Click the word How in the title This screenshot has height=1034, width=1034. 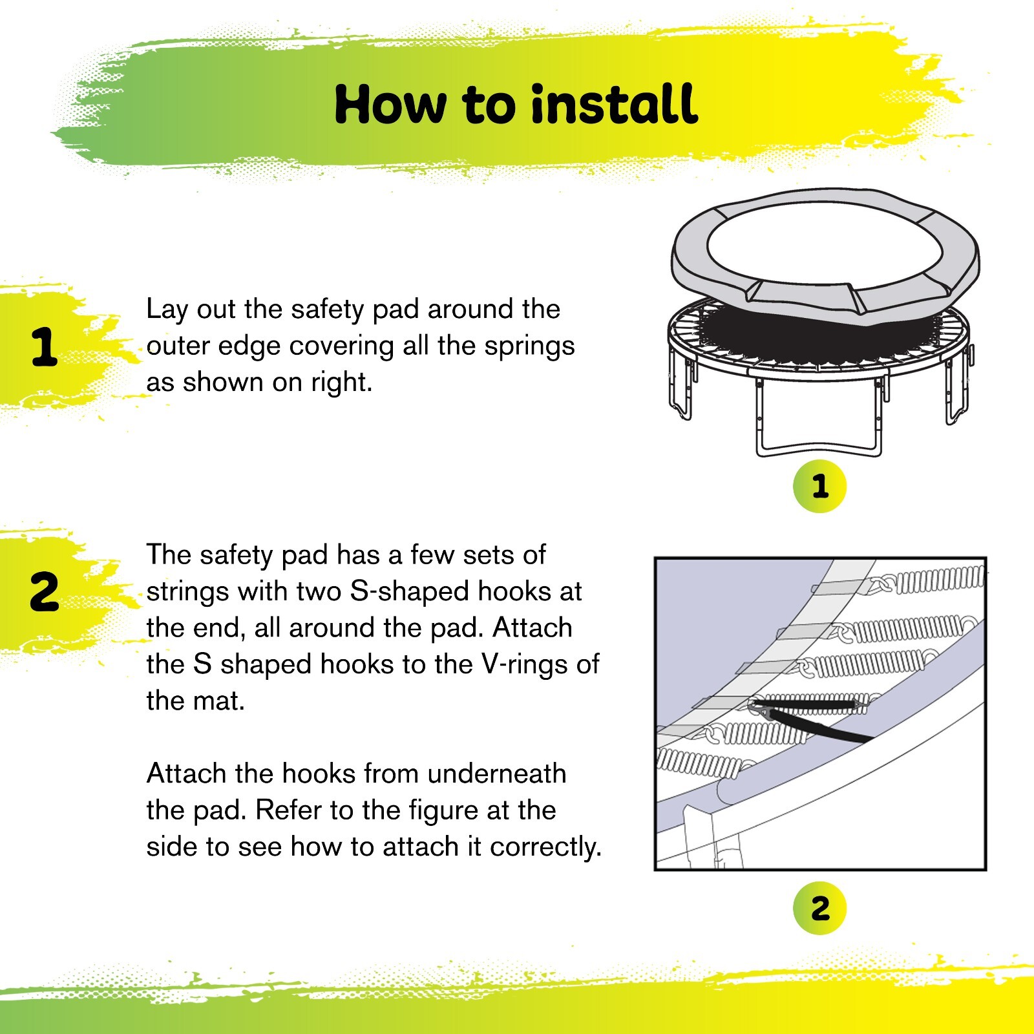[390, 105]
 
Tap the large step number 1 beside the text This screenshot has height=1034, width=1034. [45, 348]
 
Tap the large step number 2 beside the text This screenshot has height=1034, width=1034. [44, 592]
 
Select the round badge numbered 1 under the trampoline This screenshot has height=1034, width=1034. [819, 486]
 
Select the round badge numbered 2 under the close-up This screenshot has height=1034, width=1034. [819, 909]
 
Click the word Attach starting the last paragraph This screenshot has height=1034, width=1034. [186, 774]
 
